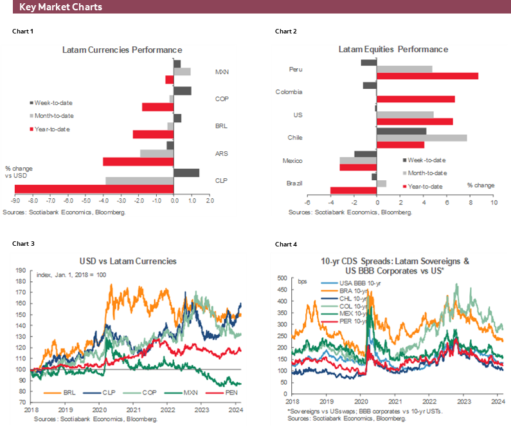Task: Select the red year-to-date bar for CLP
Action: coord(94,189)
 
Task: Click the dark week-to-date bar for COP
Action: coord(183,91)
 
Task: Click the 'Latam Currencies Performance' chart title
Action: coord(121,50)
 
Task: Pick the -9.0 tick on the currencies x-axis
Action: coord(14,201)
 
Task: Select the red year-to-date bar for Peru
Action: coord(427,76)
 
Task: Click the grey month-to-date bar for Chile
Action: coord(422,138)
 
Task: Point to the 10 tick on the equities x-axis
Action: coord(494,202)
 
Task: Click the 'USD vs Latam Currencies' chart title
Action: coord(127,261)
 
